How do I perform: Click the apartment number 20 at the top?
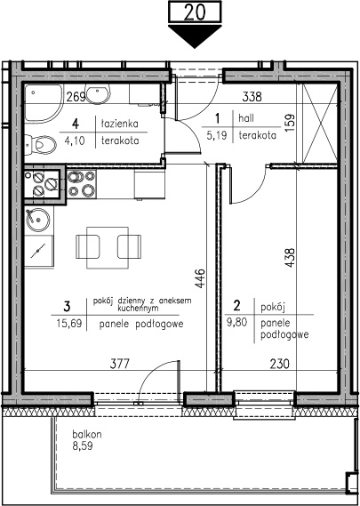[x=196, y=12]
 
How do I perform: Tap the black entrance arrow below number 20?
[x=195, y=36]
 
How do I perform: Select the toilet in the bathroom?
[x=41, y=144]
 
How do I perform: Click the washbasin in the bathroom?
[x=98, y=93]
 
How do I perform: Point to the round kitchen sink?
[x=38, y=220]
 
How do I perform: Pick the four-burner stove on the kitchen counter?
[x=81, y=183]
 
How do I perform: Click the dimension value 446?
[x=200, y=278]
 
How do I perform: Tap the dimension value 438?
[x=291, y=257]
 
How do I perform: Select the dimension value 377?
[x=119, y=364]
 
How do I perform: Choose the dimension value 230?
[x=279, y=364]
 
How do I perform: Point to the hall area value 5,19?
[x=218, y=135]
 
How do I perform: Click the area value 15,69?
[x=68, y=323]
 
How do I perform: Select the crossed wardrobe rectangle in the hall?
[x=320, y=123]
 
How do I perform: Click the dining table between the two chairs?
[x=108, y=248]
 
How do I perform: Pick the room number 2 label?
[x=237, y=306]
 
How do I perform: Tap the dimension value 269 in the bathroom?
[x=76, y=97]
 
